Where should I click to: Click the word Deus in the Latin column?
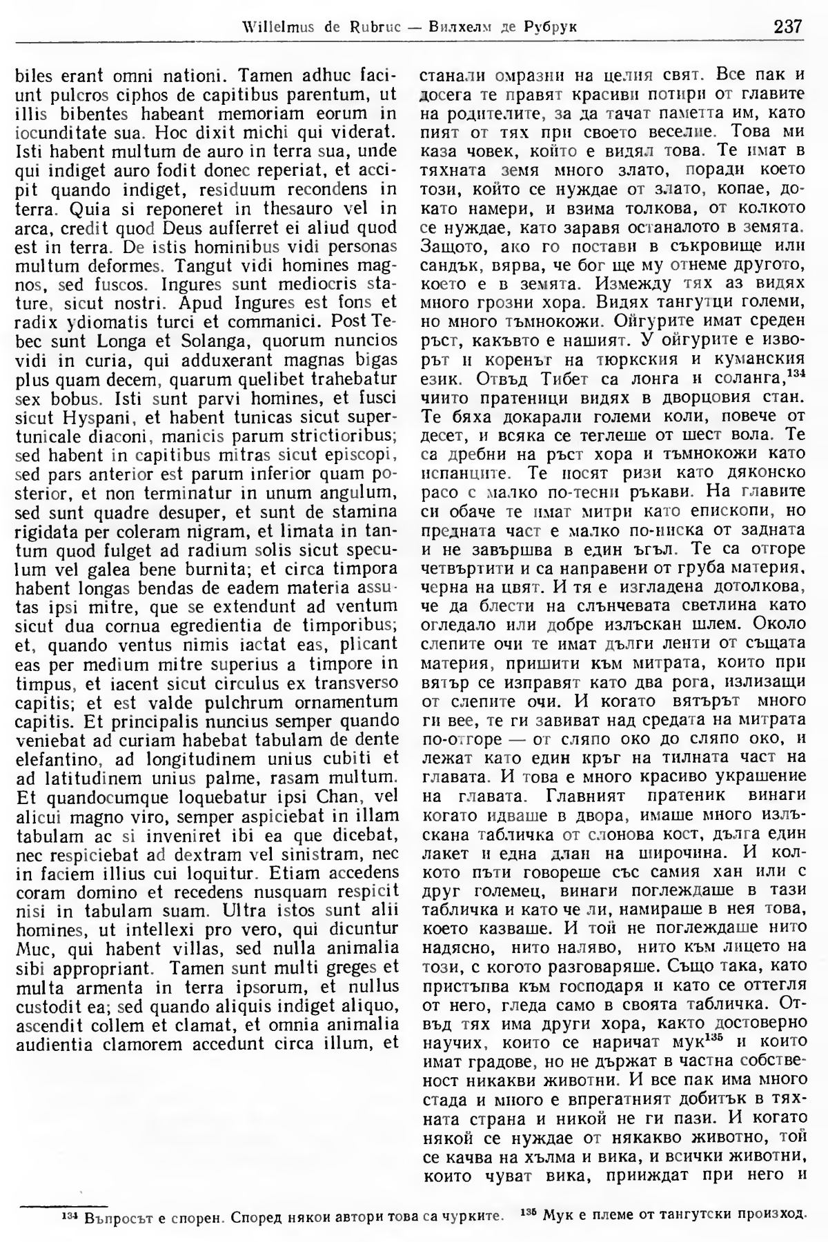pos(206,227)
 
